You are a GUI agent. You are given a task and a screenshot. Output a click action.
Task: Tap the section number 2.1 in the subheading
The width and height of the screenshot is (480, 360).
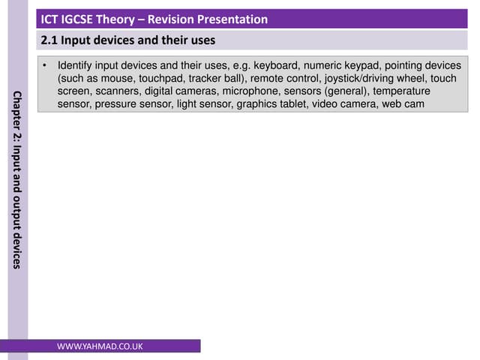tap(49, 40)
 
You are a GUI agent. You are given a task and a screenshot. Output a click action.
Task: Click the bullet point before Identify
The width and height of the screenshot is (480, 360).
tap(46, 66)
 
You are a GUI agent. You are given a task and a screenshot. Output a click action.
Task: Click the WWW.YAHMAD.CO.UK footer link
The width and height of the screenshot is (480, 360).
tap(100, 346)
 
